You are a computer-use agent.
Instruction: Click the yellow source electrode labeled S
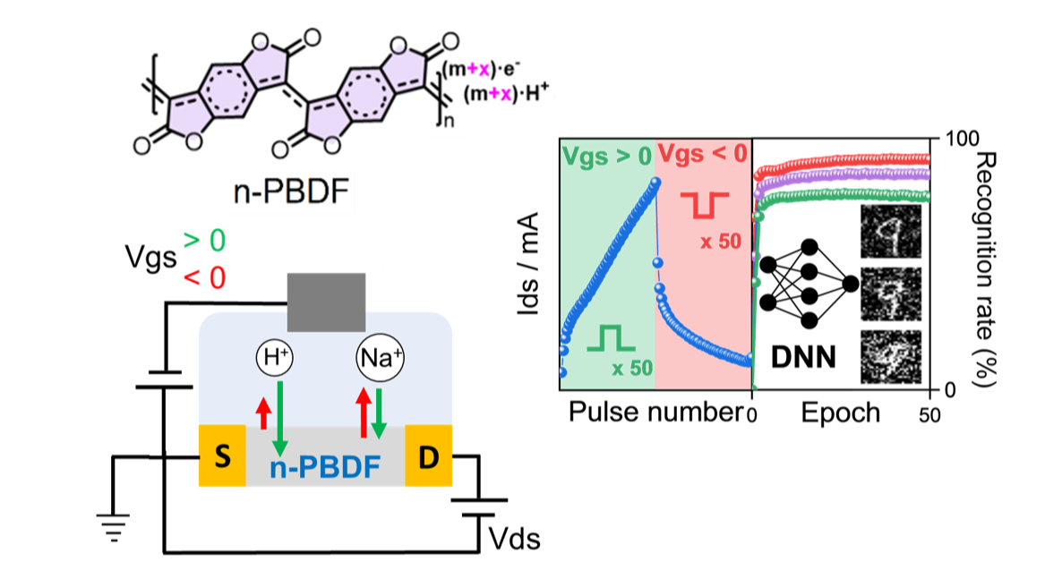223,455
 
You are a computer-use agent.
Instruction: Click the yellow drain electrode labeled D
429,455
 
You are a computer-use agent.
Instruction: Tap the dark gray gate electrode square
326,302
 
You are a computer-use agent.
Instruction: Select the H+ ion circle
275,358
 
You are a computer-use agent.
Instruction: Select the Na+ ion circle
380,358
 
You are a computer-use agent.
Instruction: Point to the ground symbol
114,526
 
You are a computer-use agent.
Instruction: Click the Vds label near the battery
514,539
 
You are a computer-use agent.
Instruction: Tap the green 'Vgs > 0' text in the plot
606,157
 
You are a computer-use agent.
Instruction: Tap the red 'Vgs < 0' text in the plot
702,154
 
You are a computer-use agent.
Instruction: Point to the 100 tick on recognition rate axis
963,139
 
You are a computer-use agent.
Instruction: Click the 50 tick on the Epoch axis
929,416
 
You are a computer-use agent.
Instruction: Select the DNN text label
803,358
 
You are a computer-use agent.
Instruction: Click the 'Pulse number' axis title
655,413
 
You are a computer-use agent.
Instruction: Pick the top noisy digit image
890,232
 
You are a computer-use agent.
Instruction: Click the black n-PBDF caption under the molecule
291,191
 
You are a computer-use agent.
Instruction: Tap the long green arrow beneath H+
280,419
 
